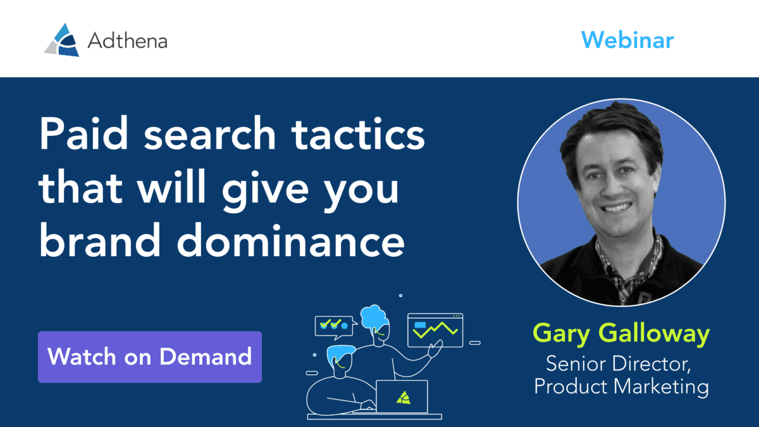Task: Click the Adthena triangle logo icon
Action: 62,40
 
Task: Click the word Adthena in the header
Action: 127,41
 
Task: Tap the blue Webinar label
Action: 627,40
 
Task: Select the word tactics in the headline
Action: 358,133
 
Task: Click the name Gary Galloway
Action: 621,334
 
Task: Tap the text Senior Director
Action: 619,364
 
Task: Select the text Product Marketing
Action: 621,387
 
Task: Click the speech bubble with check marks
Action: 335,327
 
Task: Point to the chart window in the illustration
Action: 435,330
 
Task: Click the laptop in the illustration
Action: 402,397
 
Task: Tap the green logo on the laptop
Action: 404,398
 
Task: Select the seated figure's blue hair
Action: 340,354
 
